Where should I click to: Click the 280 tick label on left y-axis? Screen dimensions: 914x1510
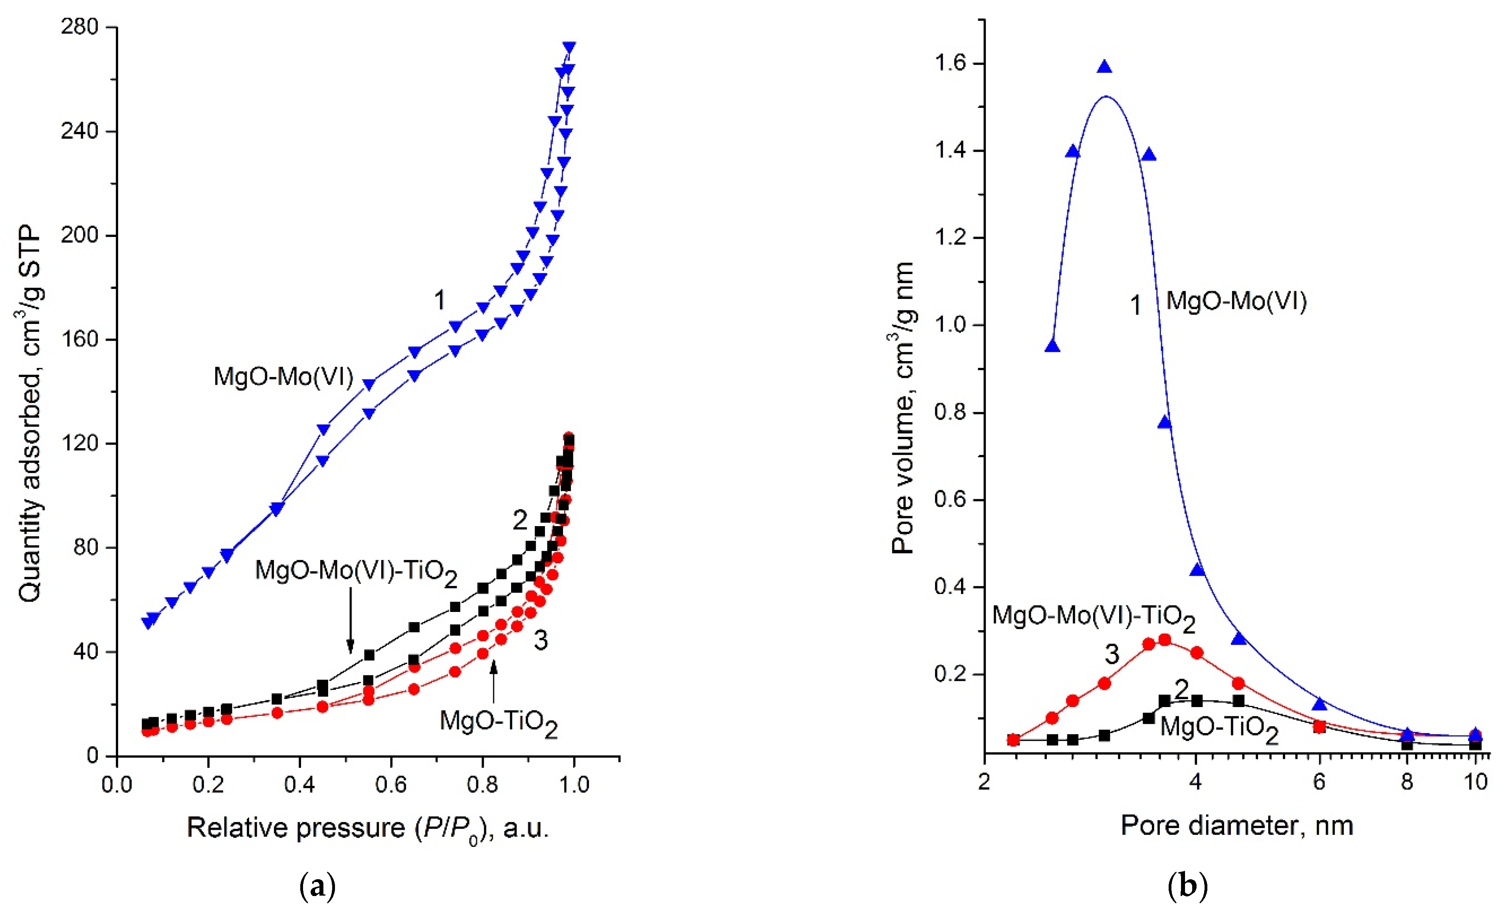click(x=80, y=27)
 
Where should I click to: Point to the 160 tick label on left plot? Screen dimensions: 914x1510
click(x=80, y=339)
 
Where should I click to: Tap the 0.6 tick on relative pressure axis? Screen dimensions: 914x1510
click(x=391, y=784)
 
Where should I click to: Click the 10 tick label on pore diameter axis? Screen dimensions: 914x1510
click(x=1476, y=782)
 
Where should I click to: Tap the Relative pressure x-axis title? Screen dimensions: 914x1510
click(x=368, y=828)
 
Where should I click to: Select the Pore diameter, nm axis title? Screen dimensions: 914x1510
click(x=1237, y=826)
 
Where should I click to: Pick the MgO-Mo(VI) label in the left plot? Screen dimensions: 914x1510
click(x=283, y=376)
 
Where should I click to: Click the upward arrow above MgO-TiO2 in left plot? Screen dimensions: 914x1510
click(x=493, y=680)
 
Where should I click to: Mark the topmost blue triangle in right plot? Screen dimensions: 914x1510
click(x=1104, y=67)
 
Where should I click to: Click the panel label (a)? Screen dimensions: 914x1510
click(x=318, y=886)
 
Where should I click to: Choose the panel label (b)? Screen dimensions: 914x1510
click(x=1188, y=886)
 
